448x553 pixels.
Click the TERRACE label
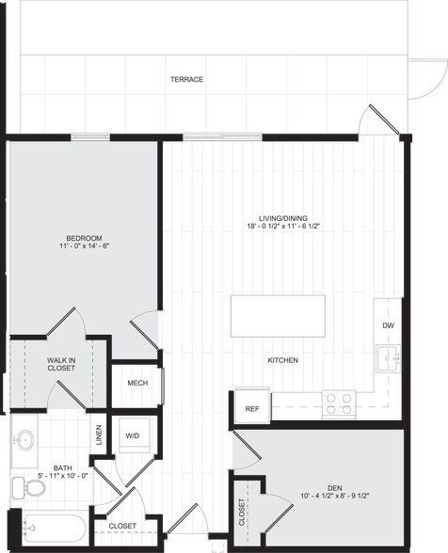click(x=186, y=79)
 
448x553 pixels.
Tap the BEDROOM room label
click(x=84, y=238)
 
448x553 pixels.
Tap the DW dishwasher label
click(x=388, y=325)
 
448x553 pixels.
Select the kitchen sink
click(x=388, y=358)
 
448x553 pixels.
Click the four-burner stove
click(x=338, y=403)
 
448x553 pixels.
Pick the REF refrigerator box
click(x=252, y=408)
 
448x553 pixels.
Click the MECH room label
click(x=137, y=384)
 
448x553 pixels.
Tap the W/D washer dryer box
click(x=133, y=435)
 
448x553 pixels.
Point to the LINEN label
click(x=99, y=434)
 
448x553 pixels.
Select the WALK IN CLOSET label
click(x=61, y=365)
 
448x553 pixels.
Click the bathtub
click(x=52, y=529)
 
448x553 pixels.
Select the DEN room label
click(x=334, y=487)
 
